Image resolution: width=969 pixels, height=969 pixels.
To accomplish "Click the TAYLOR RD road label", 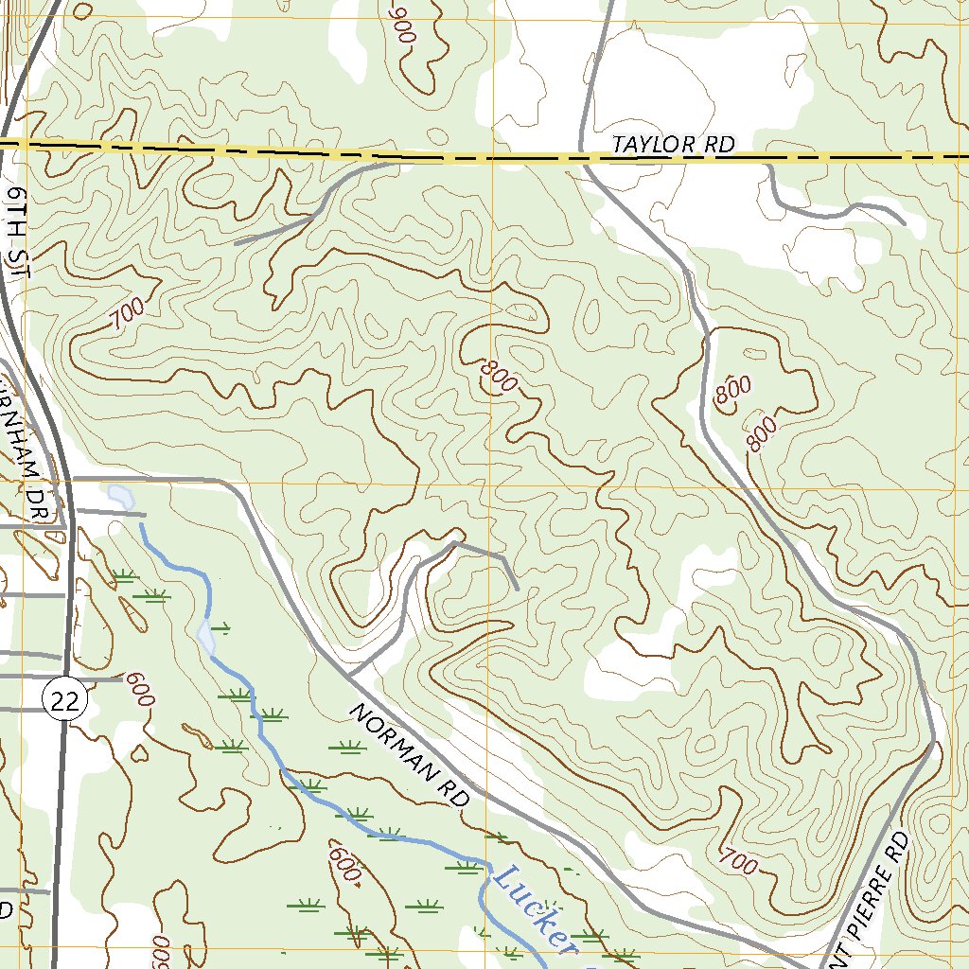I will coord(673,145).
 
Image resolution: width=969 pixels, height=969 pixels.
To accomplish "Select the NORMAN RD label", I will coord(410,754).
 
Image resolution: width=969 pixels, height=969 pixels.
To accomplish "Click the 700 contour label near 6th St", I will coord(127,313).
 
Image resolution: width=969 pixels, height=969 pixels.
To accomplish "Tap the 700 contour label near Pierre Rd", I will coord(739,862).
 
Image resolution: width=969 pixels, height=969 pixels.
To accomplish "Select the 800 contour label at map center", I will coord(499,376).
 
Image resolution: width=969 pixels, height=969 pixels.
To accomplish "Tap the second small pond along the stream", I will coord(205,636).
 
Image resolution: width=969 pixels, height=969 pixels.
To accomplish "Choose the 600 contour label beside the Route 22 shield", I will coord(139,688).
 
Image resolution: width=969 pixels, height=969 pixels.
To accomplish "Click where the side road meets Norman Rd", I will coord(349,677).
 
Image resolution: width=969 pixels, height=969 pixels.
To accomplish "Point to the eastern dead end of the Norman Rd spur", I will coord(517,590).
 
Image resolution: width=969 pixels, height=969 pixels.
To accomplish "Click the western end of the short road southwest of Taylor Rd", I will coord(236,243).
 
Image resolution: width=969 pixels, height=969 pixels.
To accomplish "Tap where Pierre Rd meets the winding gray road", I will coord(935,742).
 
